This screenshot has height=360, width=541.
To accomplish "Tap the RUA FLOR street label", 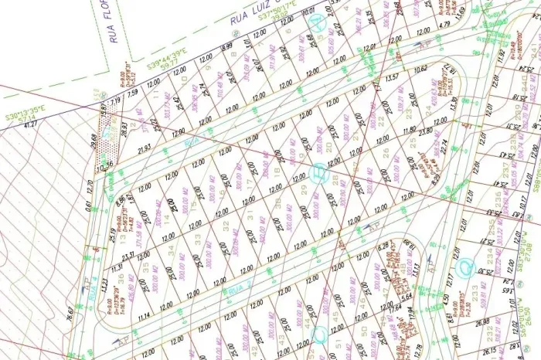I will point(117,22).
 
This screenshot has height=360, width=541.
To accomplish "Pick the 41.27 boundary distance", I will point(32,124).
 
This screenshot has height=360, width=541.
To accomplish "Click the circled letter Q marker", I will point(465,267).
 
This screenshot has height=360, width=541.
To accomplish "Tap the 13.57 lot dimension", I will point(392,77).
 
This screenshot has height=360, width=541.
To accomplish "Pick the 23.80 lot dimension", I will point(424,121).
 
